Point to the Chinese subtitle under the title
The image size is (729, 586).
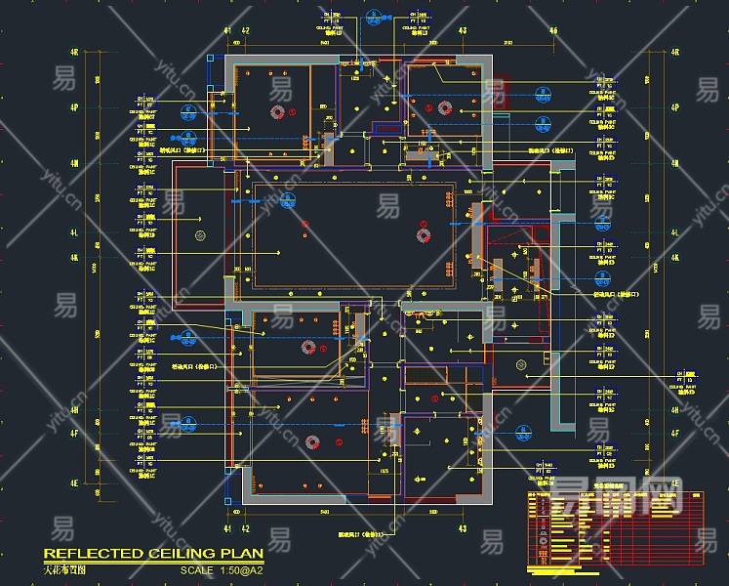click(64, 568)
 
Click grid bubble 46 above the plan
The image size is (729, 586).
click(553, 31)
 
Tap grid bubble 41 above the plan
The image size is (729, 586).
click(228, 31)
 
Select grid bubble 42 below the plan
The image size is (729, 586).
click(245, 528)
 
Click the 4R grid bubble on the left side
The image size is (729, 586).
click(74, 53)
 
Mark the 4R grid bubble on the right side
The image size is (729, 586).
click(674, 53)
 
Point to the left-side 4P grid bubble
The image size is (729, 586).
click(74, 108)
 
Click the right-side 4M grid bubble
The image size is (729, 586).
click(674, 164)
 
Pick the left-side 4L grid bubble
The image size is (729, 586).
click(74, 234)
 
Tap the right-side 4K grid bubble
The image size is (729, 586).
click(674, 259)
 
